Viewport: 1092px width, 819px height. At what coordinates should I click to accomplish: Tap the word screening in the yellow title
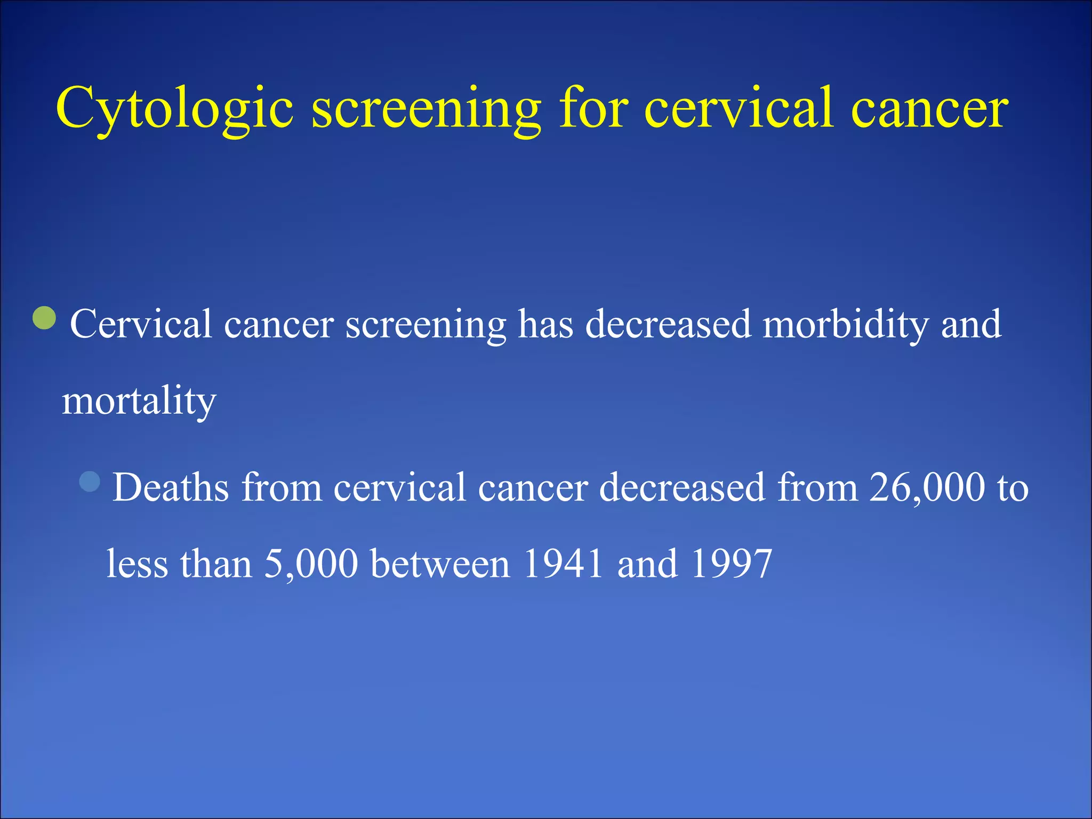[425, 109]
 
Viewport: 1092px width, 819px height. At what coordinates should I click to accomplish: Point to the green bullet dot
[44, 318]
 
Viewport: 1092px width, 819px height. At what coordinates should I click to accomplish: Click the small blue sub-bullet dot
[90, 481]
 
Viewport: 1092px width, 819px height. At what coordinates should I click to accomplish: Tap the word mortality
[139, 401]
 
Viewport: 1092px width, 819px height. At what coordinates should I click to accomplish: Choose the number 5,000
[311, 564]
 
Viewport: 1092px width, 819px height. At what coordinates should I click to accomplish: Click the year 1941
[563, 564]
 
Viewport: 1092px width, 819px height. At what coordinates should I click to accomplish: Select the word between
[440, 564]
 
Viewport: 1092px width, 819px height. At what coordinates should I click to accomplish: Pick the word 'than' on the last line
[216, 564]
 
